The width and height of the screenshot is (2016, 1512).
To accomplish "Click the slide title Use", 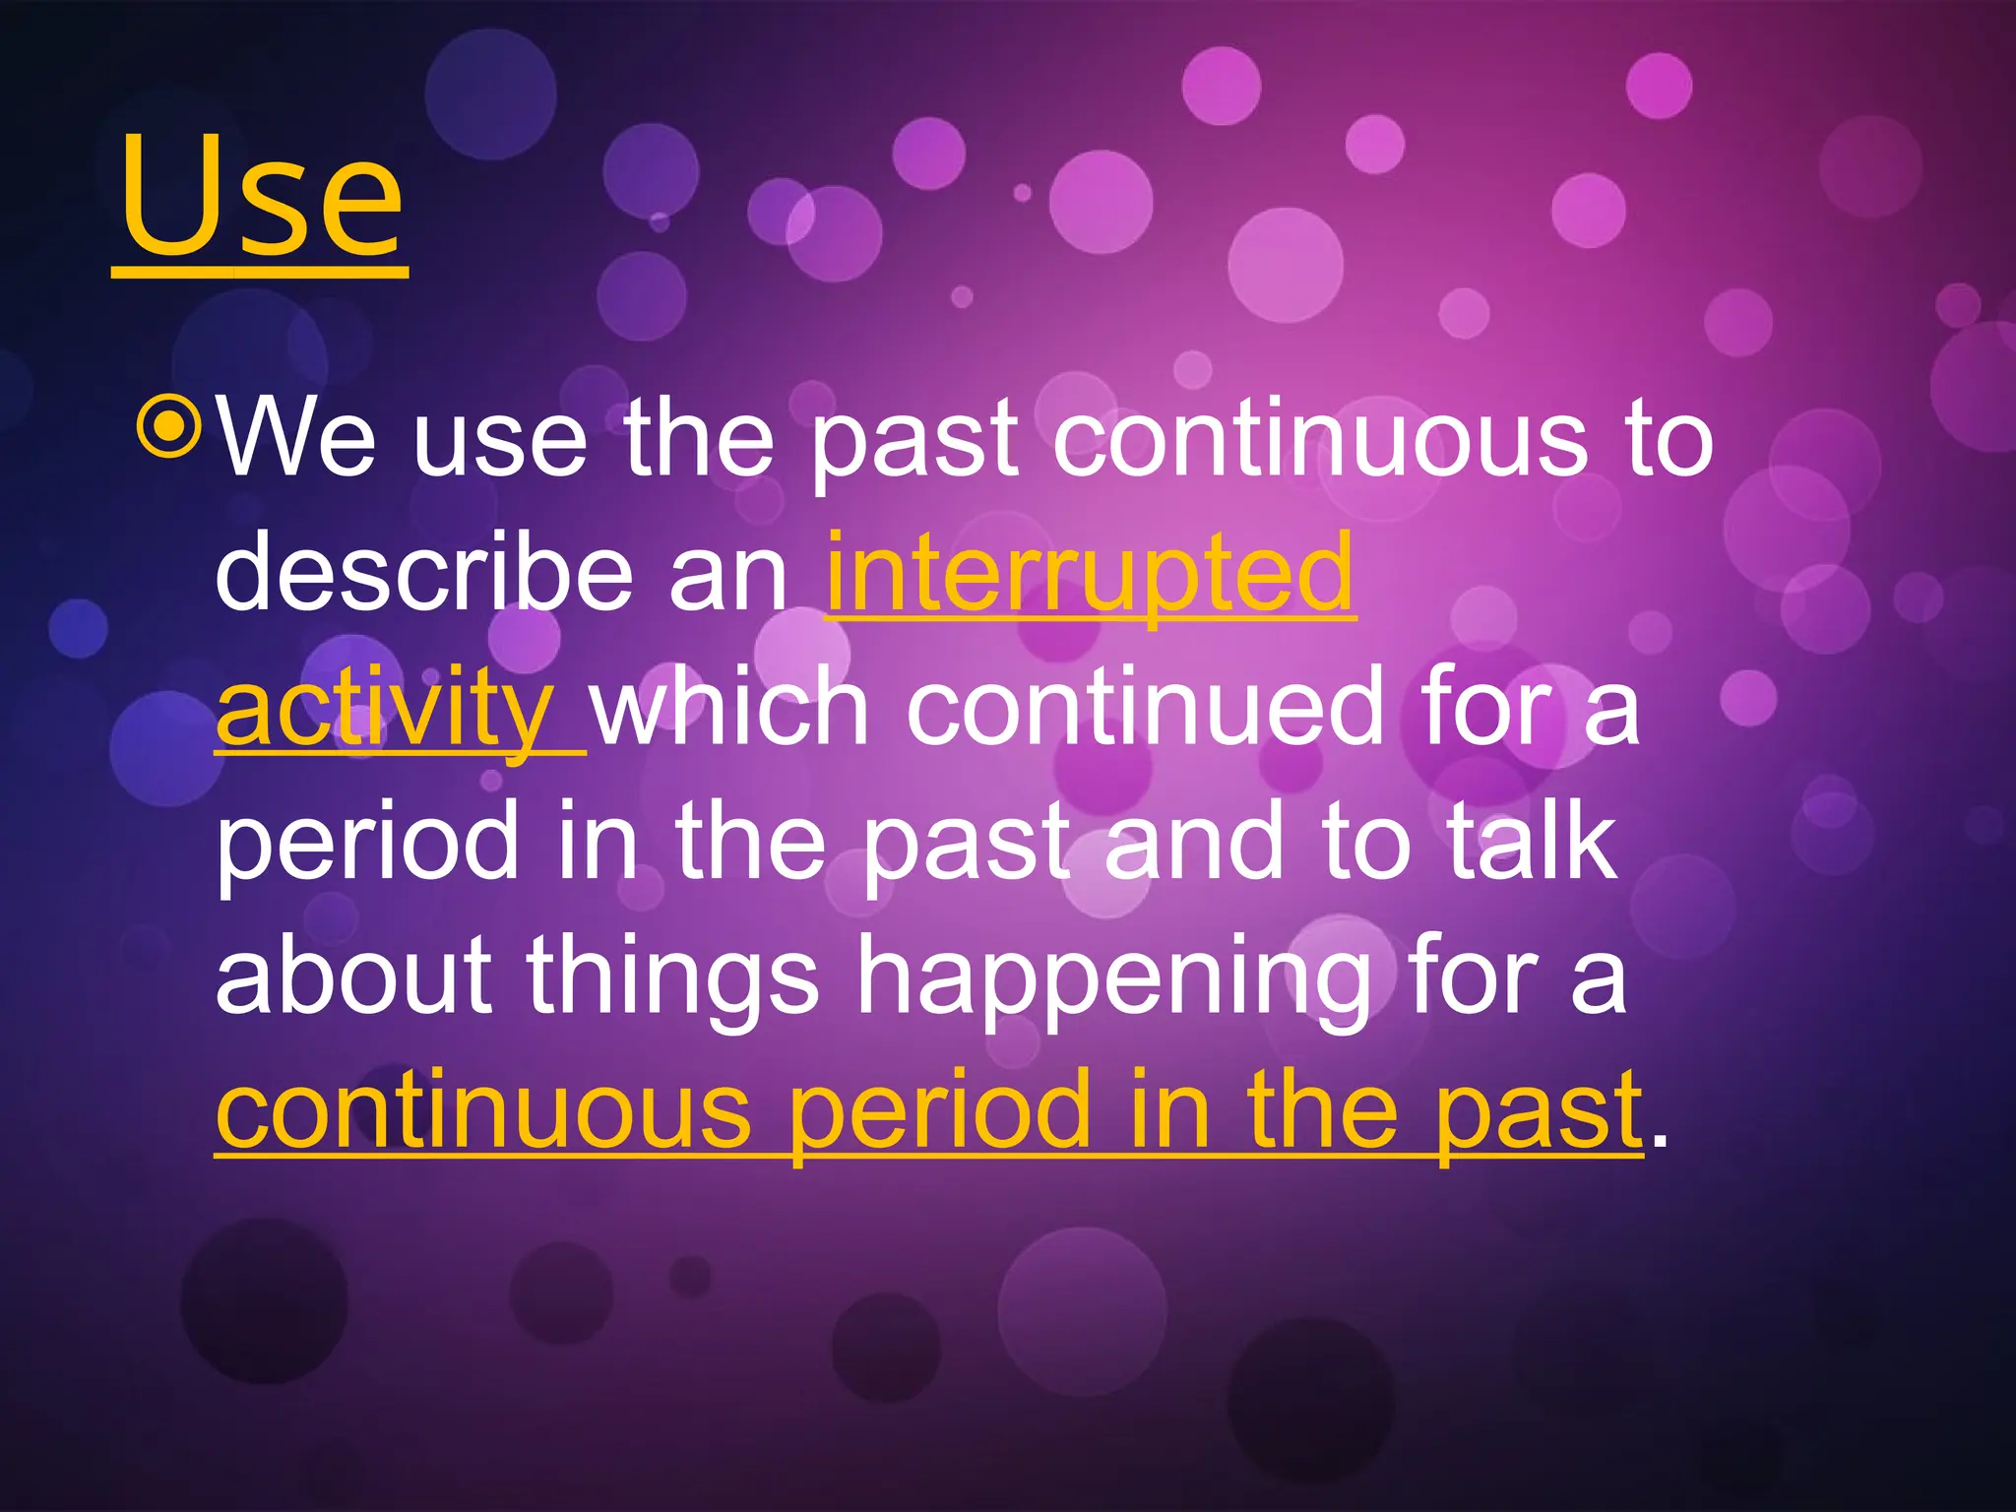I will click(261, 197).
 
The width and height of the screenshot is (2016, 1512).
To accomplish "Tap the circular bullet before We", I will click(171, 426).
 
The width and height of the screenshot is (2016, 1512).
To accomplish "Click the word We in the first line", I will click(295, 438).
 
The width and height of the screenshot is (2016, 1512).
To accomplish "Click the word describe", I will click(424, 572).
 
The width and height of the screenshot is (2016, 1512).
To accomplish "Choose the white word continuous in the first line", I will click(1319, 438).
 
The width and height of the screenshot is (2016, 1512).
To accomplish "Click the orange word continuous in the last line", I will click(483, 1111).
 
